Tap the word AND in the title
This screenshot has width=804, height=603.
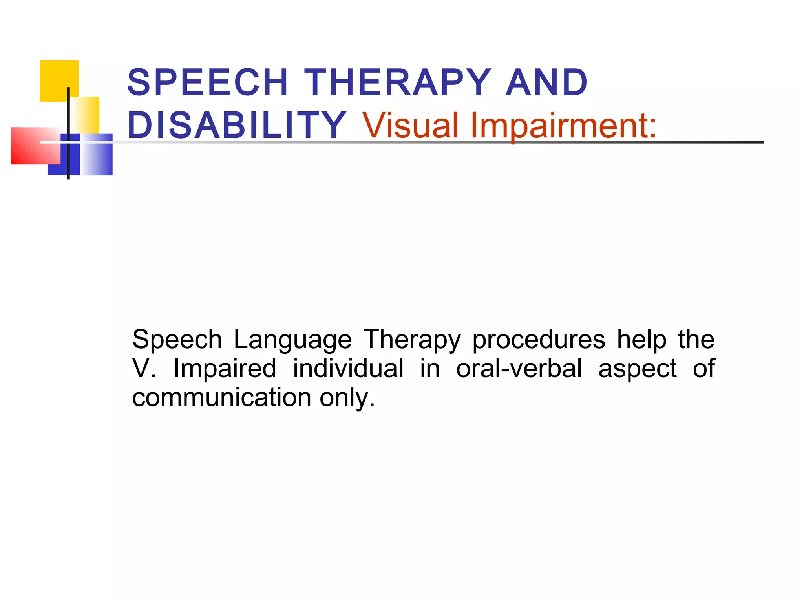546,82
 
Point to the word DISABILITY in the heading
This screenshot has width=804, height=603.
237,125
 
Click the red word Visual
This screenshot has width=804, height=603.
410,125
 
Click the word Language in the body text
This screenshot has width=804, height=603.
292,339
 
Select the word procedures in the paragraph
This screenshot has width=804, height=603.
538,339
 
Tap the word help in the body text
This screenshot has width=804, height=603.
641,339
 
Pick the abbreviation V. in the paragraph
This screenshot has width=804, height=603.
144,368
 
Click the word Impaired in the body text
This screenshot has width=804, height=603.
225,368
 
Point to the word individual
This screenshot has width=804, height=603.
348,368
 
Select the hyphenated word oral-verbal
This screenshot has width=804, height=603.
519,368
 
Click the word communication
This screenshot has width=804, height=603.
222,397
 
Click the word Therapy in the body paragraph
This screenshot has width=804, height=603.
411,340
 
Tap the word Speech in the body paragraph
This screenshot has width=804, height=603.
177,340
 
